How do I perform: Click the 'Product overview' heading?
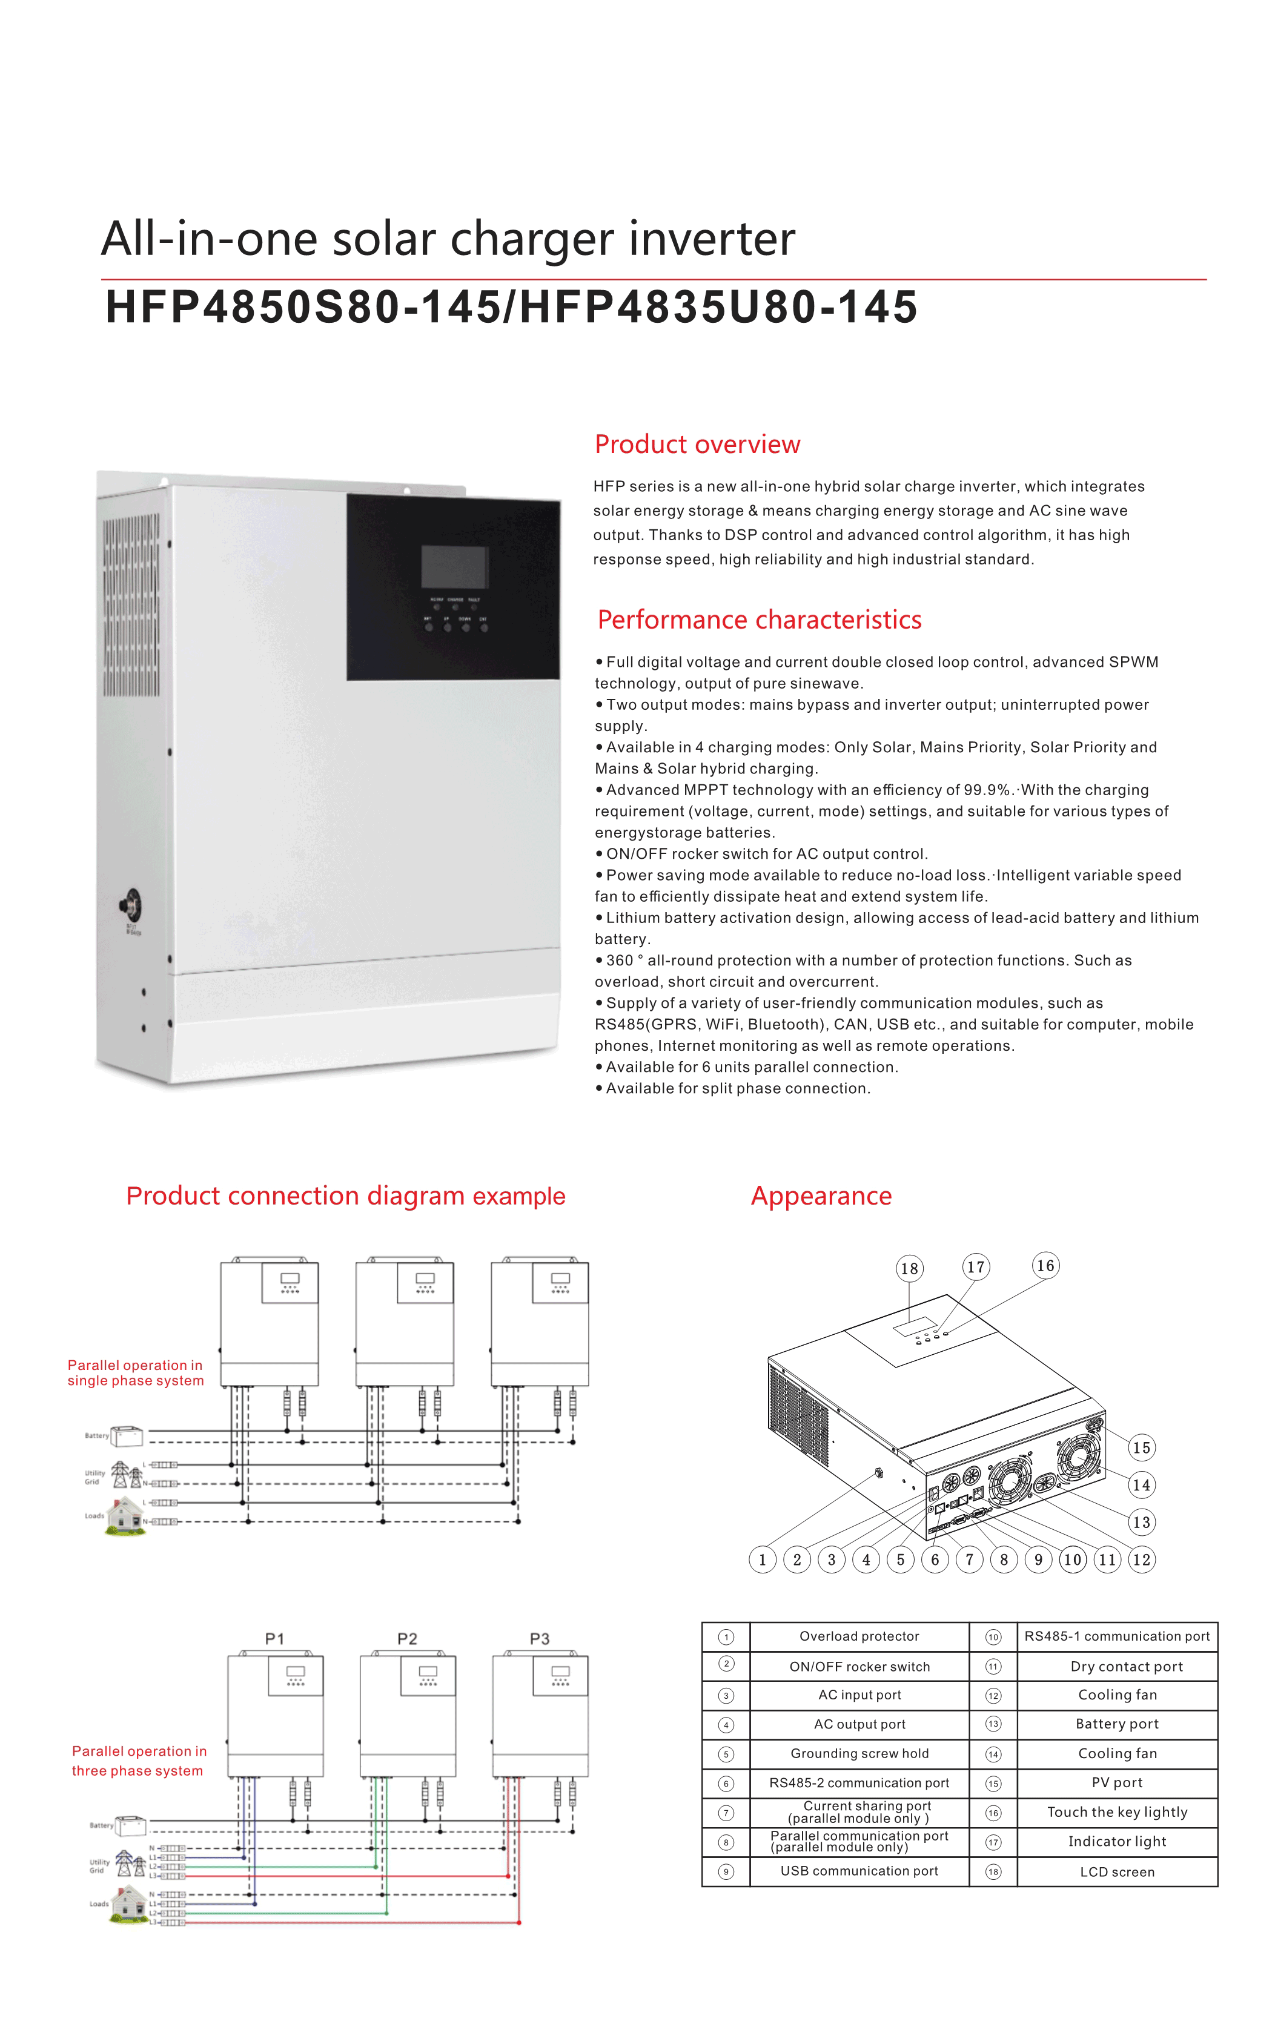(697, 444)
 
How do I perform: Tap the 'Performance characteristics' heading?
(759, 620)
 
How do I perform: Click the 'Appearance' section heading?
(821, 1196)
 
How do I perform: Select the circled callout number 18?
(909, 1268)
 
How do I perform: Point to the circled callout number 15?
(1141, 1447)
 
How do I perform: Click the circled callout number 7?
(969, 1560)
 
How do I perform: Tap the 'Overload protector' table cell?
(859, 1636)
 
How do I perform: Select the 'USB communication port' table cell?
(859, 1871)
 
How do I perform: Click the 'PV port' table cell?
(1117, 1782)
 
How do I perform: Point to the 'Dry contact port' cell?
(1126, 1666)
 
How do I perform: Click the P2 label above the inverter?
(407, 1639)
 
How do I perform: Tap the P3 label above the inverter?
(540, 1639)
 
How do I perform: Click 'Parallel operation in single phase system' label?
(135, 1372)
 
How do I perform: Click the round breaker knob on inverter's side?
(131, 905)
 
